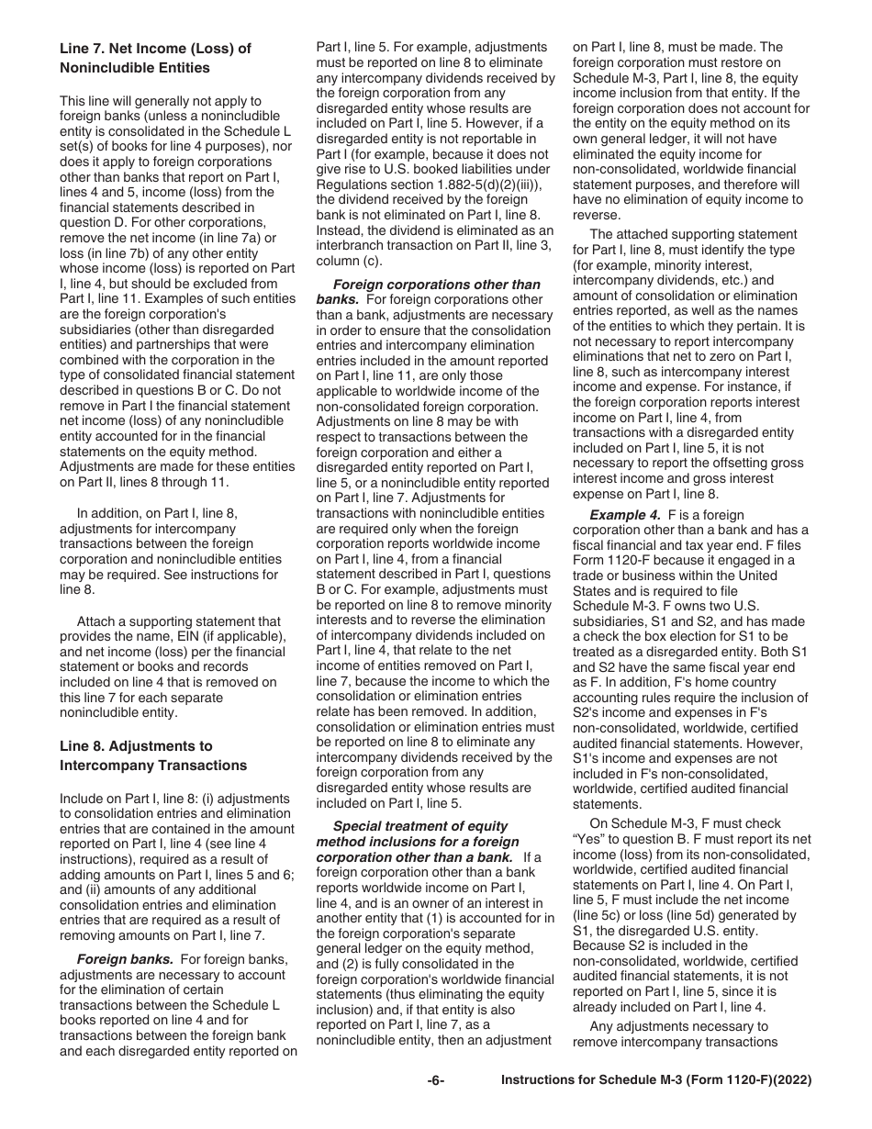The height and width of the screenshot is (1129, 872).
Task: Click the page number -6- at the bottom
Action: coord(436,1106)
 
